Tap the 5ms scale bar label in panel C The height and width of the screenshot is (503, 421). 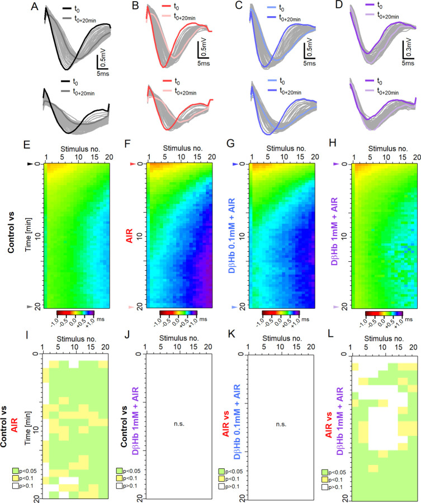point(310,64)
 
